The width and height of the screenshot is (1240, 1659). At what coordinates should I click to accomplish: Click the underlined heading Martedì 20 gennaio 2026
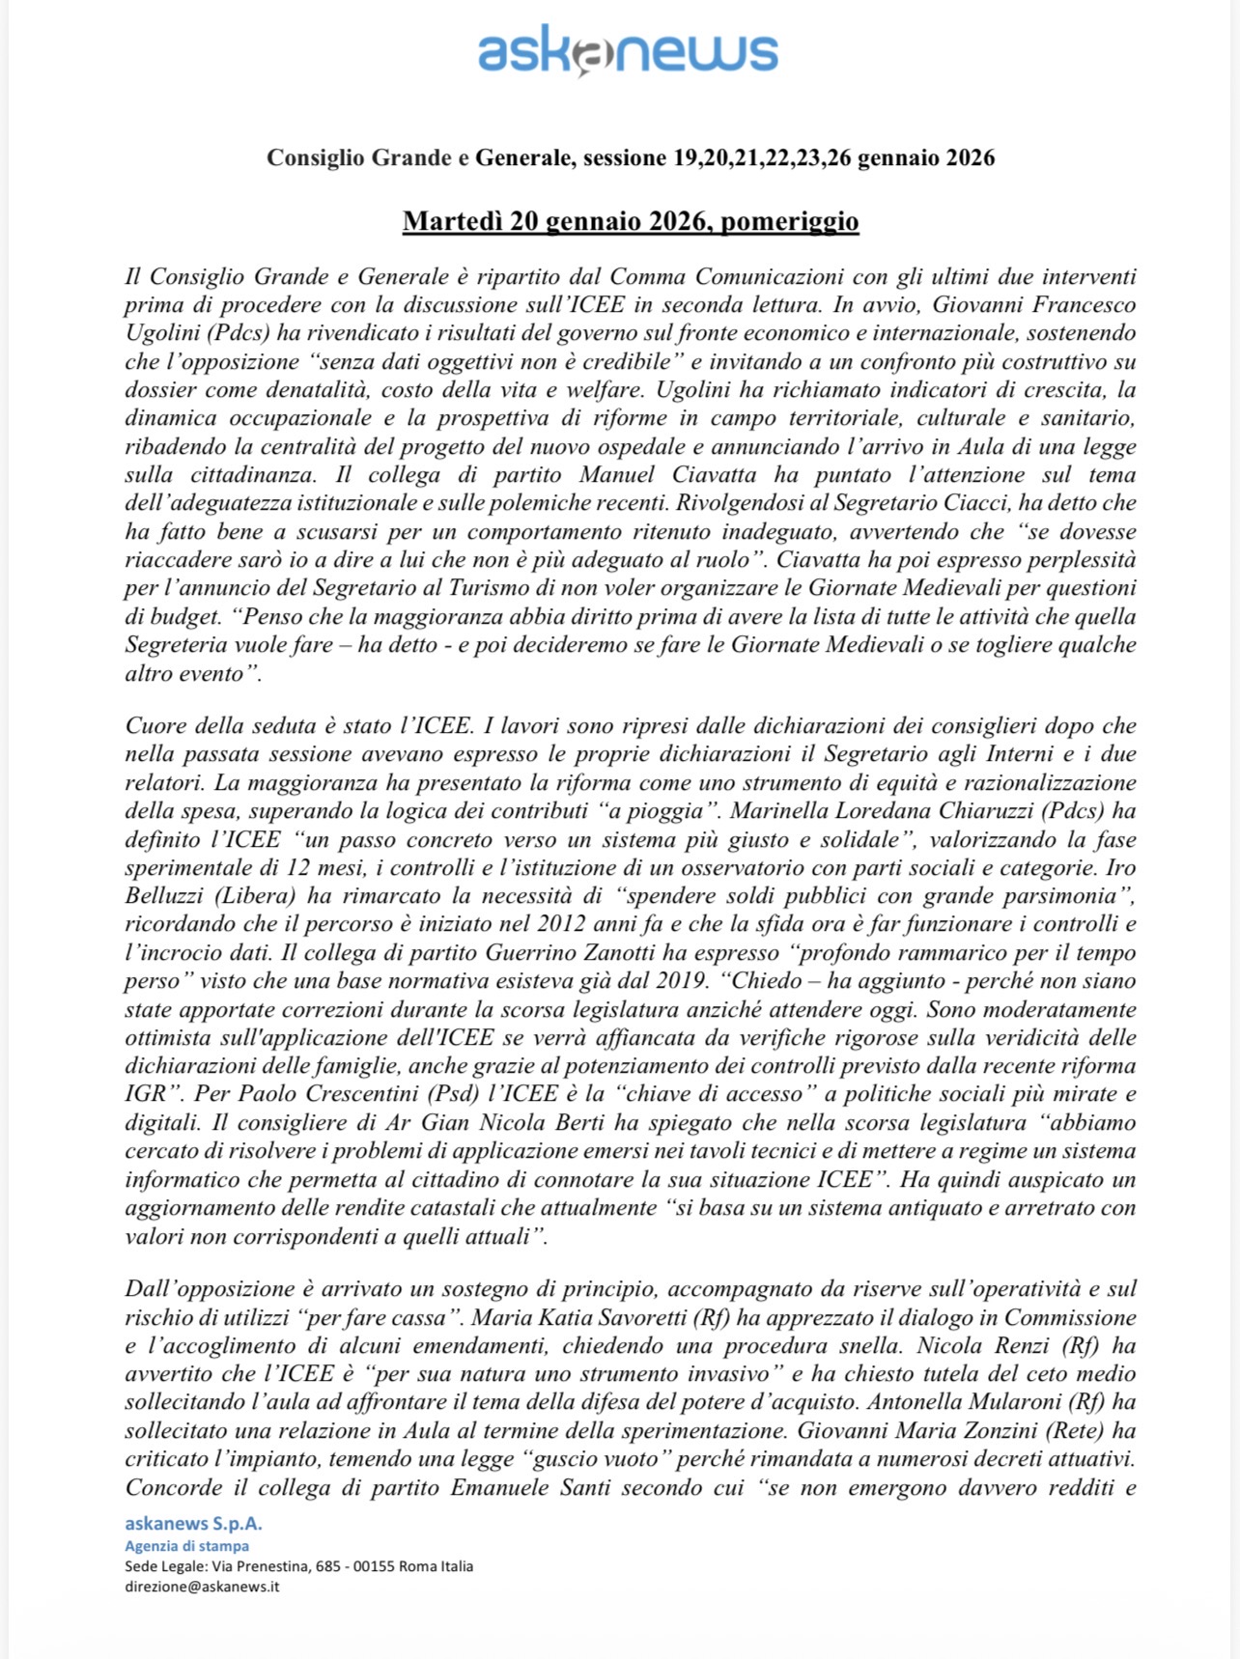click(630, 221)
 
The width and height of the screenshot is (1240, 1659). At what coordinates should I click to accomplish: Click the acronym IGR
click(145, 1095)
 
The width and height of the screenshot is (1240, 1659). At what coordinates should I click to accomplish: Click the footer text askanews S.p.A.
click(193, 1524)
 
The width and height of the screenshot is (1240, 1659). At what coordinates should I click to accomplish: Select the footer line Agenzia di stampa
click(186, 1546)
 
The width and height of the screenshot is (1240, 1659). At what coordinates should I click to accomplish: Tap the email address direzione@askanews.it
click(202, 1587)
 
